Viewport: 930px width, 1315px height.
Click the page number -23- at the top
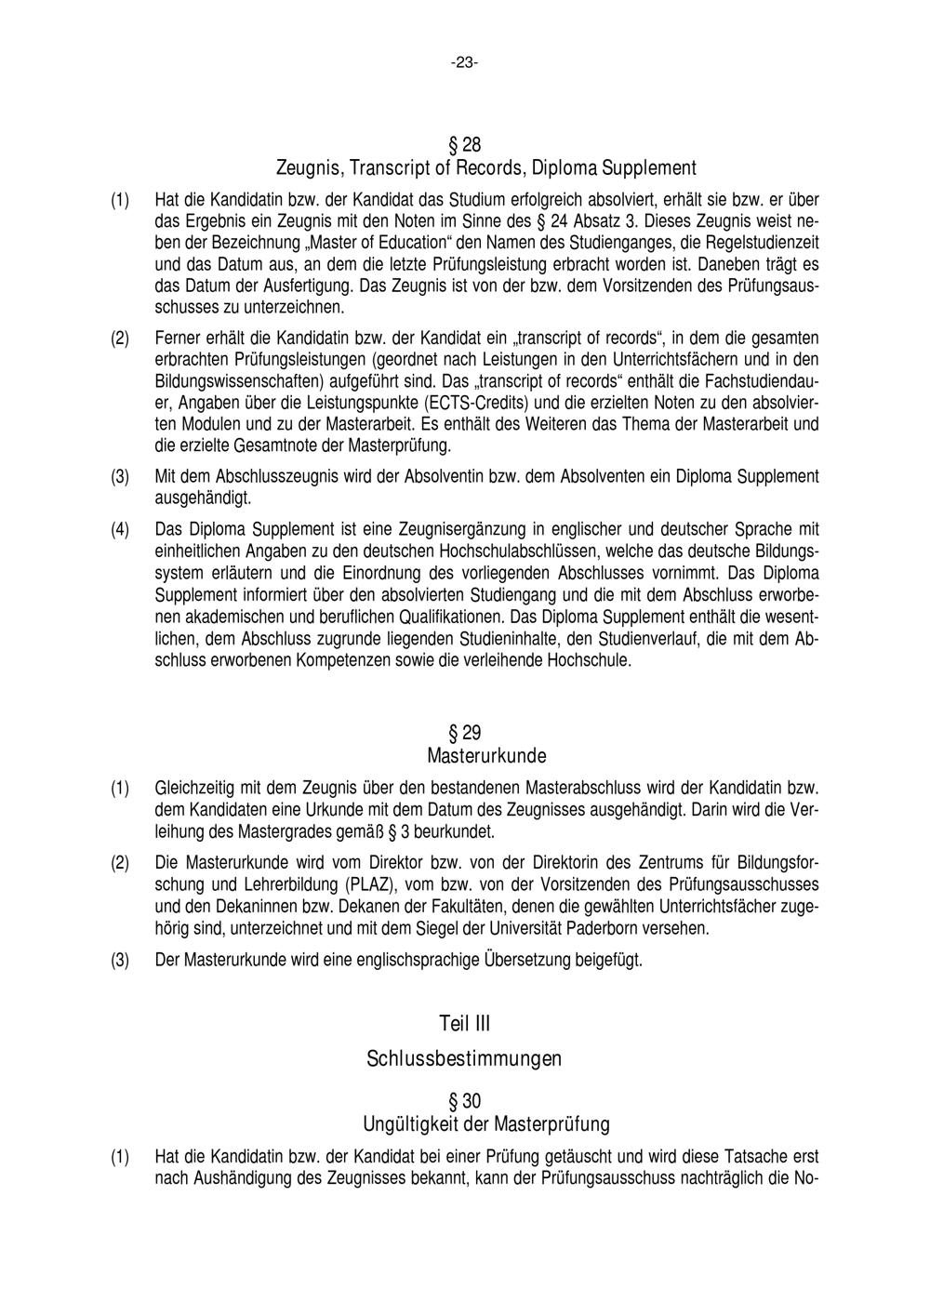pyautogui.click(x=465, y=63)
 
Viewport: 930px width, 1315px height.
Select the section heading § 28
pyautogui.click(x=465, y=145)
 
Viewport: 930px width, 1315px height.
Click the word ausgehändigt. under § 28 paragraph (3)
pyautogui.click(x=203, y=498)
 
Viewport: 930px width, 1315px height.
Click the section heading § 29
pyautogui.click(x=465, y=732)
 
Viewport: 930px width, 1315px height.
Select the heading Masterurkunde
pyautogui.click(x=486, y=754)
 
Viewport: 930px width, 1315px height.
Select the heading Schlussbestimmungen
pyautogui.click(x=464, y=1058)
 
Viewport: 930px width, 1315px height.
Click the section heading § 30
pyautogui.click(x=465, y=1102)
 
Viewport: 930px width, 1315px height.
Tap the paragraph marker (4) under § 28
pyautogui.click(x=121, y=529)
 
